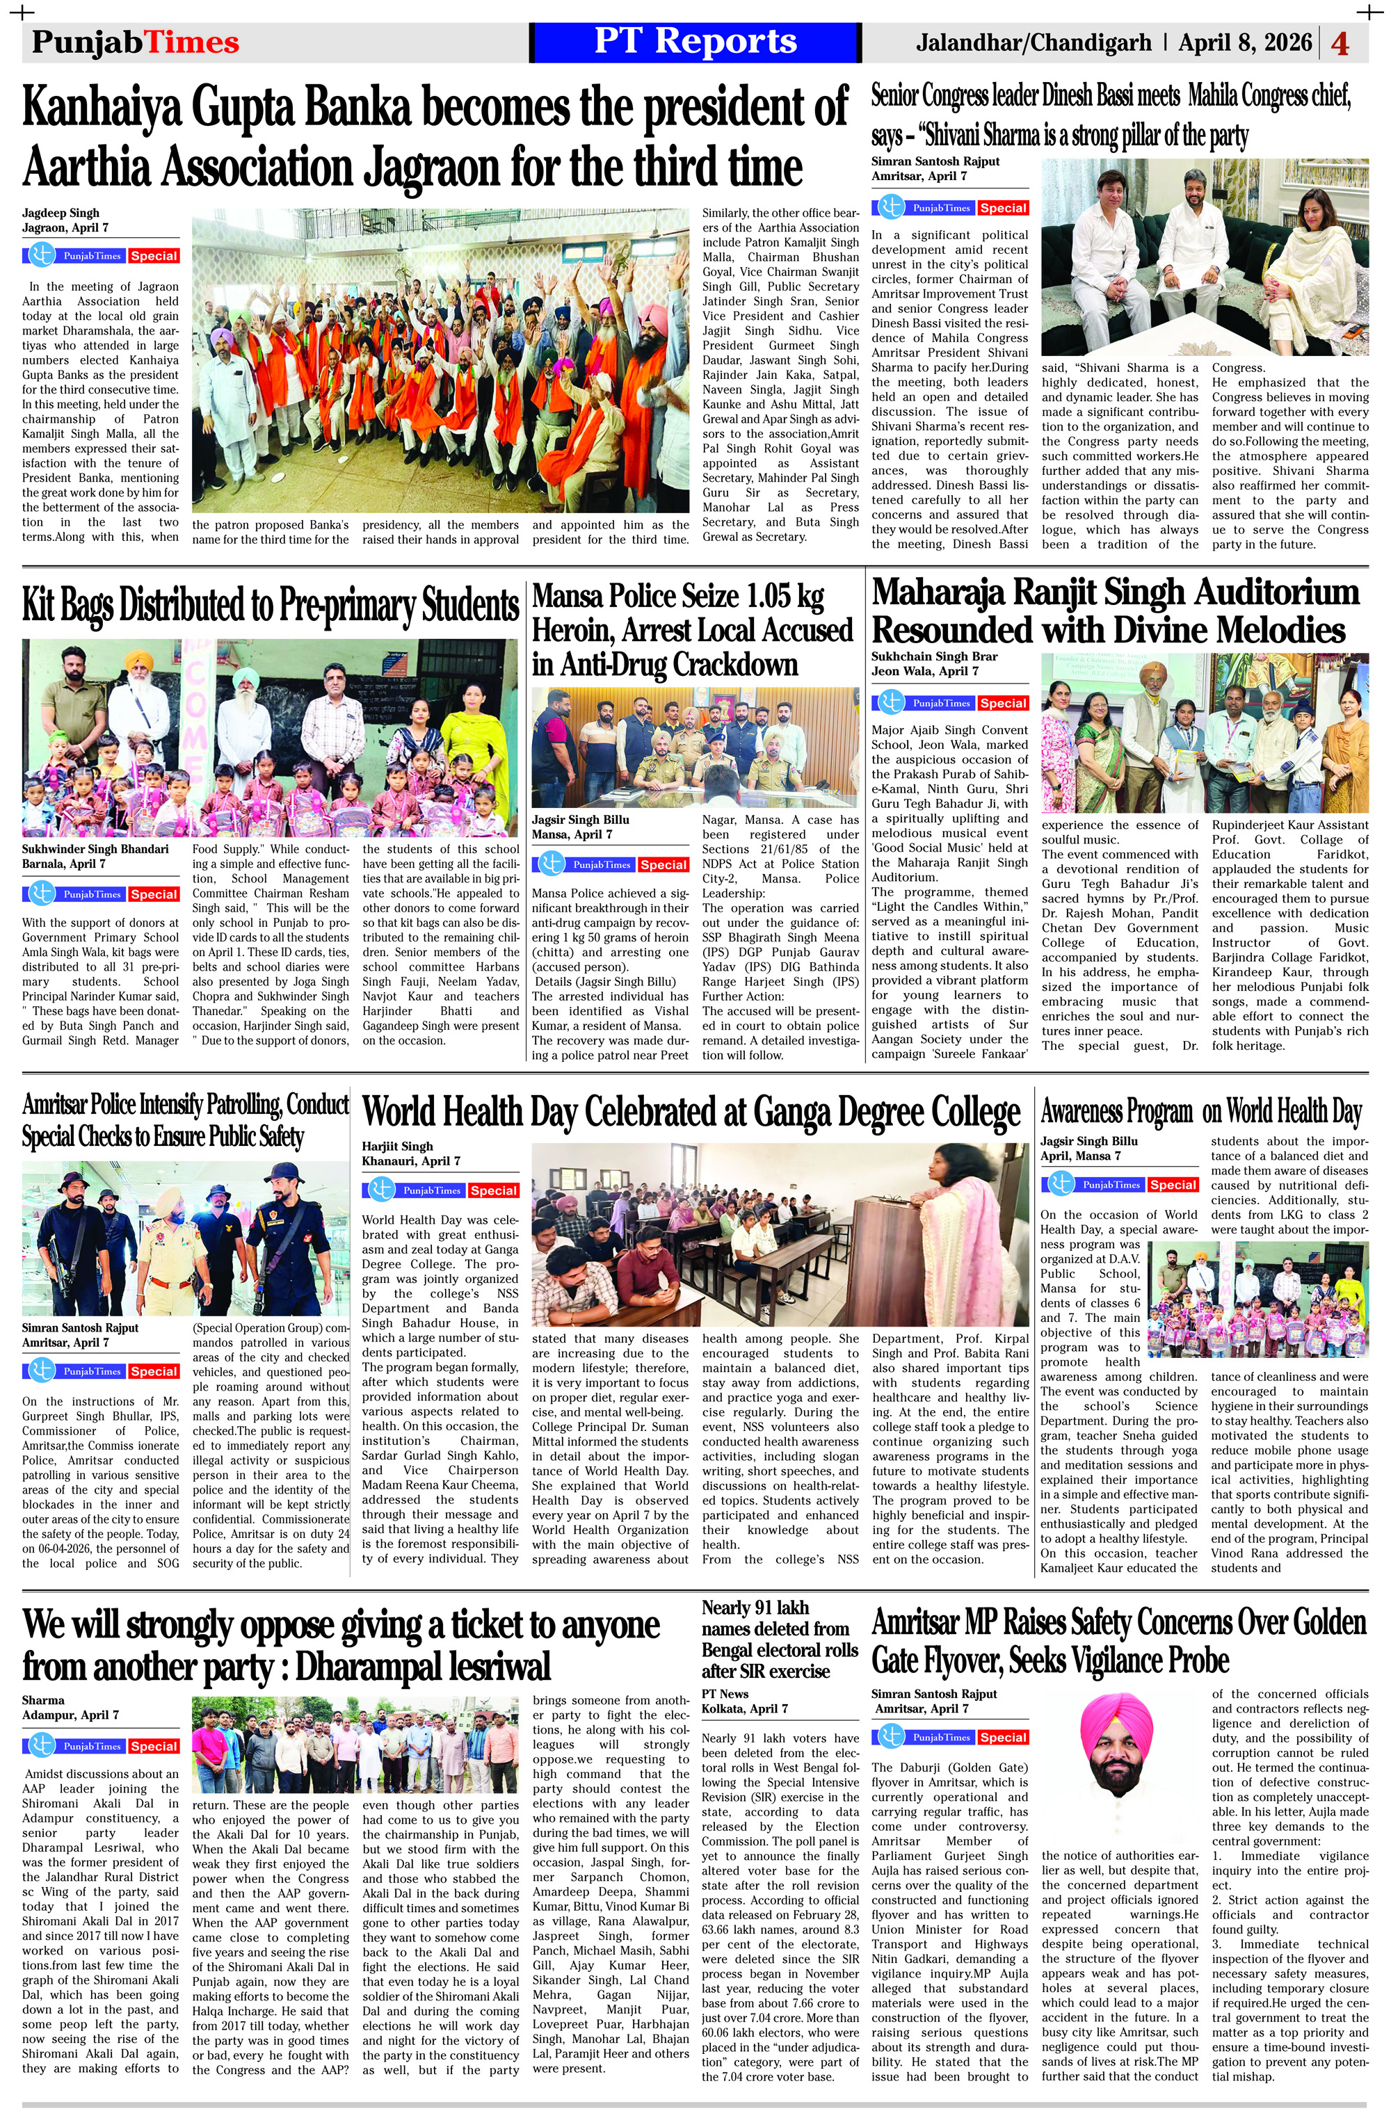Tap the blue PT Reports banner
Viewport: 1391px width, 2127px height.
pos(695,42)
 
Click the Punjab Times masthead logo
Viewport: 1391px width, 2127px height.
pos(136,42)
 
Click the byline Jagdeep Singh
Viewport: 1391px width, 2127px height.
pos(61,213)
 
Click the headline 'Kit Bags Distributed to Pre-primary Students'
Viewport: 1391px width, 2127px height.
pos(270,605)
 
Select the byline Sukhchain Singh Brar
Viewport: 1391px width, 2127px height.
pos(934,656)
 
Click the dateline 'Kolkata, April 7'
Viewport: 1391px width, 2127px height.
pos(745,1708)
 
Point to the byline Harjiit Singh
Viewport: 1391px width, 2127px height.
pos(397,1146)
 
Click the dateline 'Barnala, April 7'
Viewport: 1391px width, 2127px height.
pos(63,864)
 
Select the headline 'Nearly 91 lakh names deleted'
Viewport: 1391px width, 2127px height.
pos(779,1639)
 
